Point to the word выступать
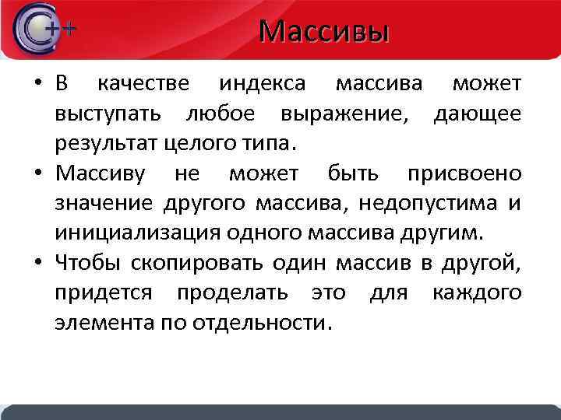(108, 114)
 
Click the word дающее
(477, 114)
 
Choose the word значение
(105, 203)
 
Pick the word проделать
(225, 292)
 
